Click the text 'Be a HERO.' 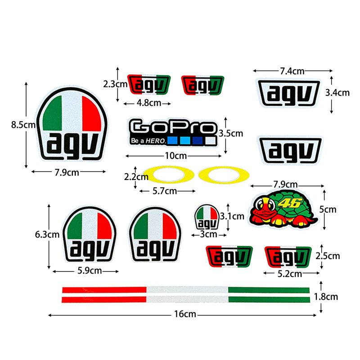click(148, 141)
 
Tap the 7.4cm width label click(292, 71)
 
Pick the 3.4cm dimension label click(337, 93)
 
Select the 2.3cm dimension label click(115, 84)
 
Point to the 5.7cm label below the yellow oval click(165, 191)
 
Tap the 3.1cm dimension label click(232, 216)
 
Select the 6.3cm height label click(47, 234)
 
